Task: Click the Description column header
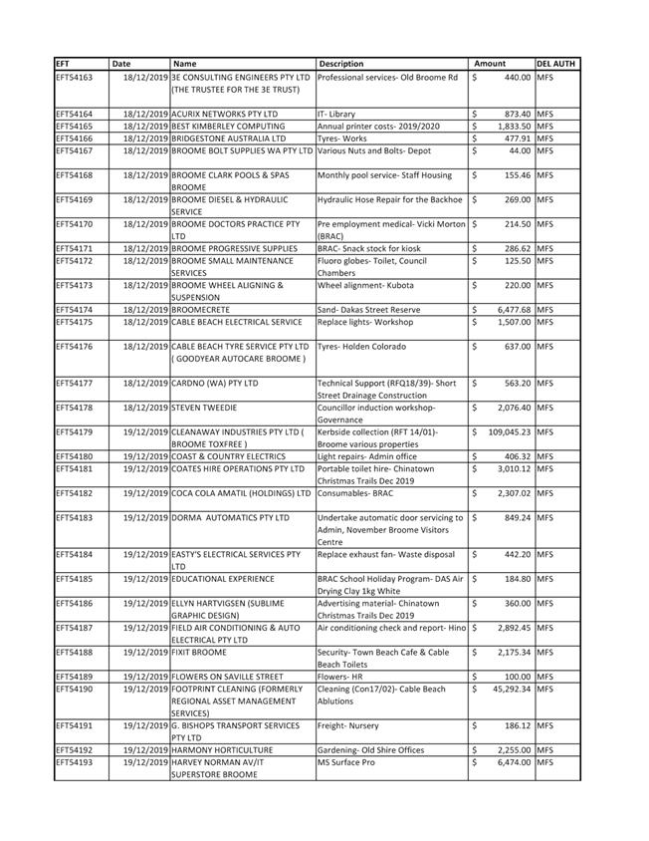click(341, 64)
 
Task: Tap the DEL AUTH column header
click(552, 64)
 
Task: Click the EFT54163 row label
click(75, 77)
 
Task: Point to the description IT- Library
click(336, 114)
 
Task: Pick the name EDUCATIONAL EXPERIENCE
click(222, 578)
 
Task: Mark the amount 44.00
click(520, 150)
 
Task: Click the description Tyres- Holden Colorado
click(361, 347)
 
